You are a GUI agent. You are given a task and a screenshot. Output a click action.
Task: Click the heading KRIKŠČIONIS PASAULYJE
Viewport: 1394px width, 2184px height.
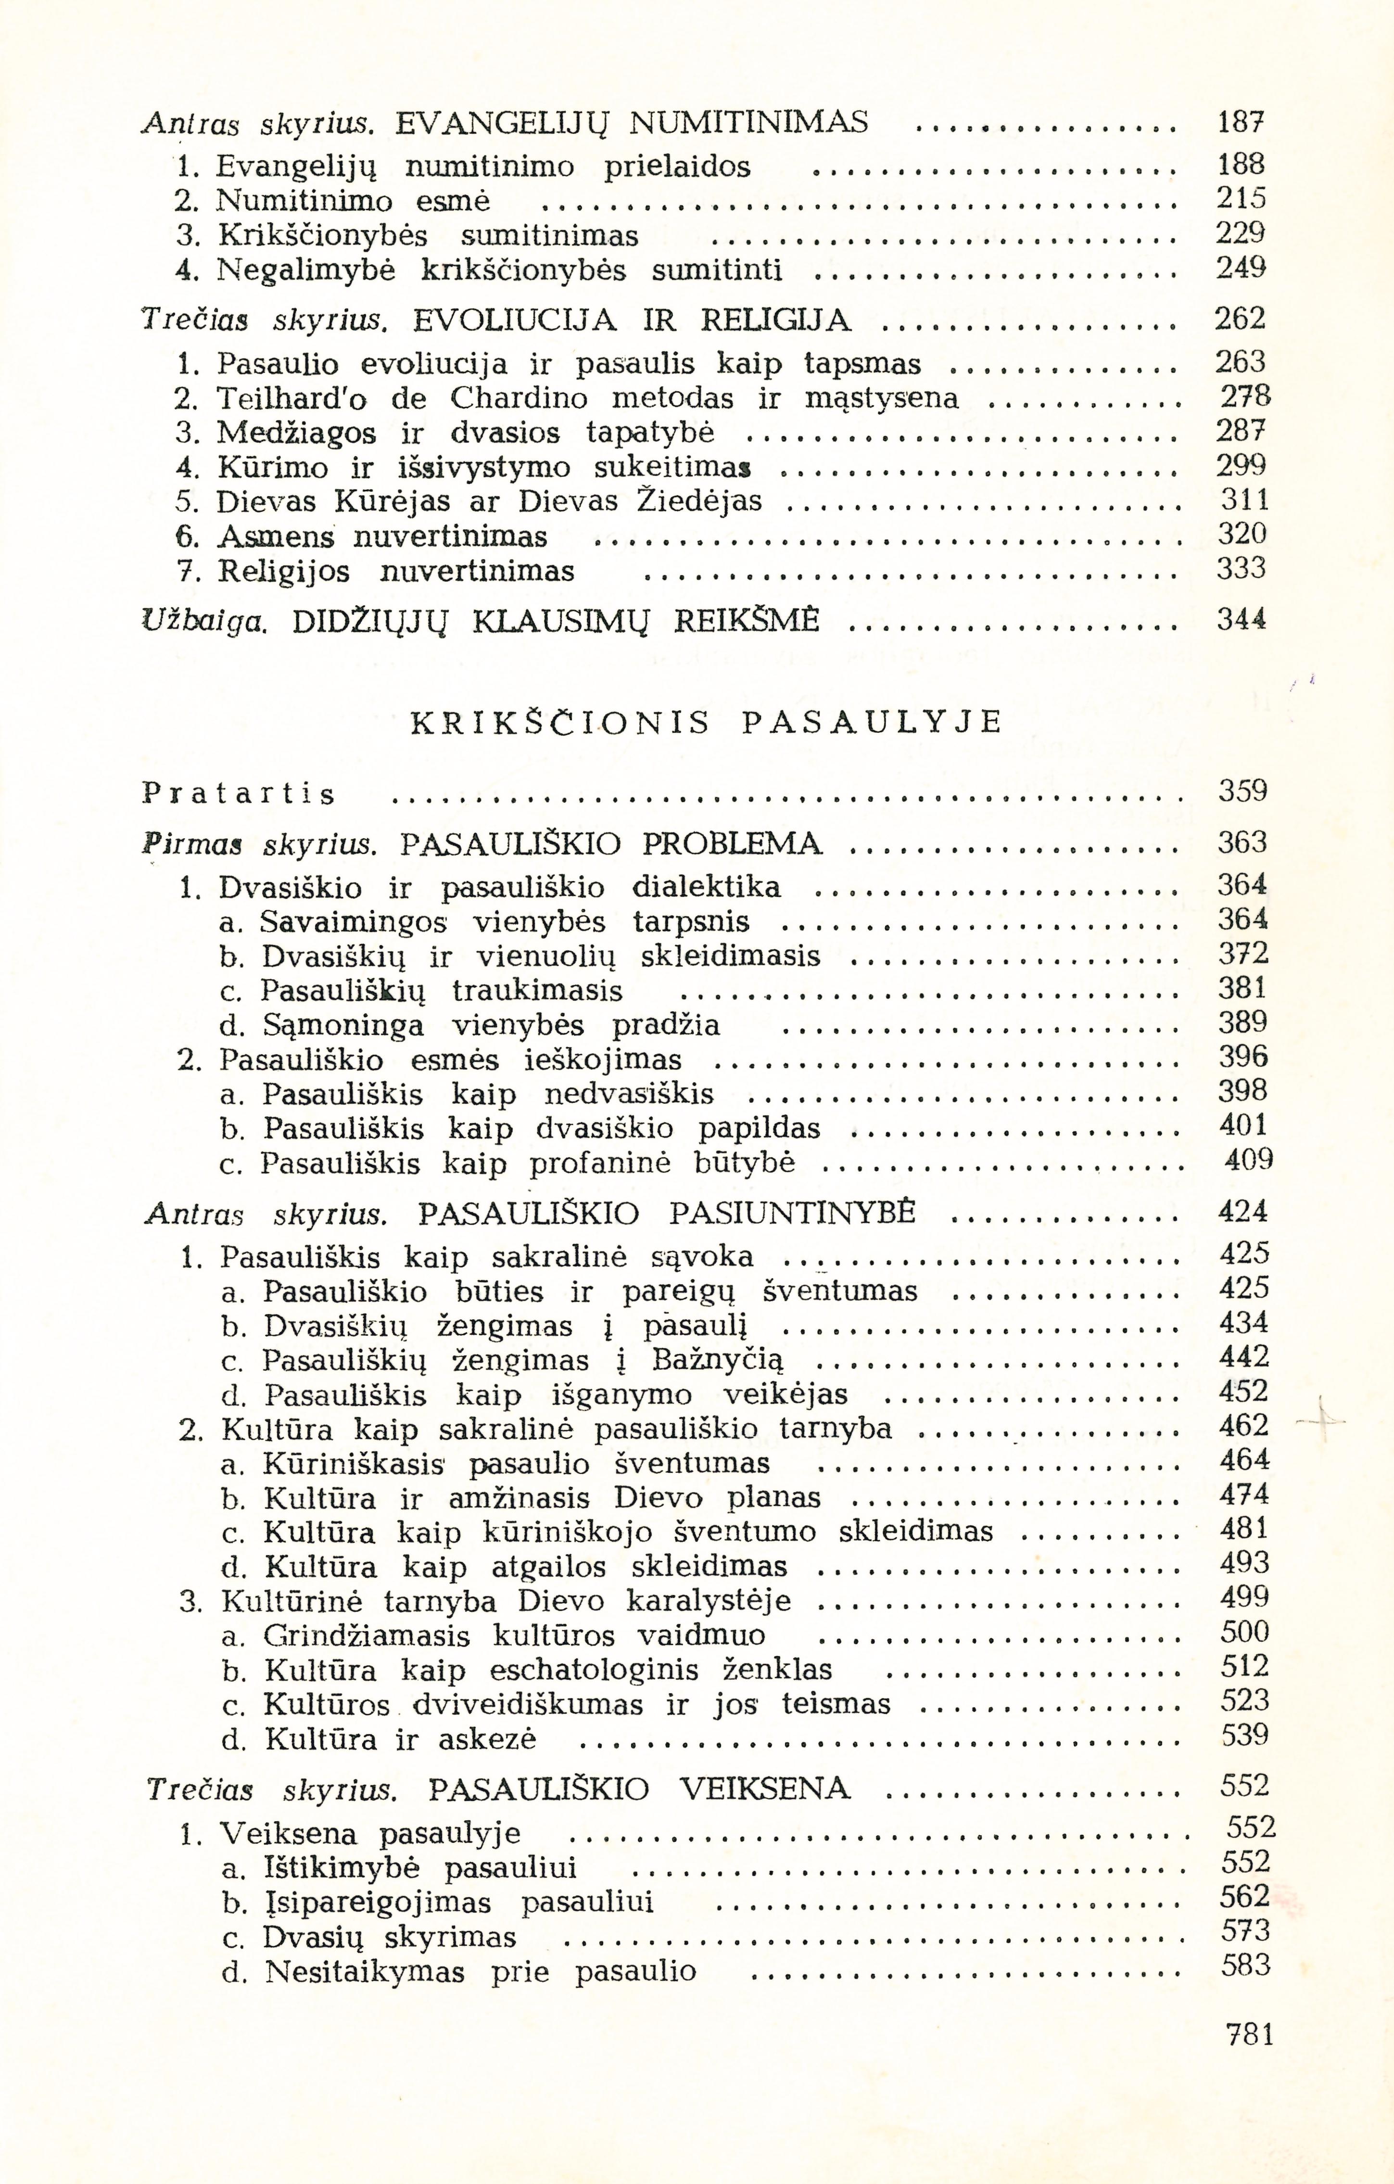click(x=707, y=722)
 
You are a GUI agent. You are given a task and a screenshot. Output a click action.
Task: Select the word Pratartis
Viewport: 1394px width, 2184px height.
click(x=239, y=794)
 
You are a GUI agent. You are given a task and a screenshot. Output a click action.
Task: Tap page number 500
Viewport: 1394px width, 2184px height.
click(x=1244, y=1634)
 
